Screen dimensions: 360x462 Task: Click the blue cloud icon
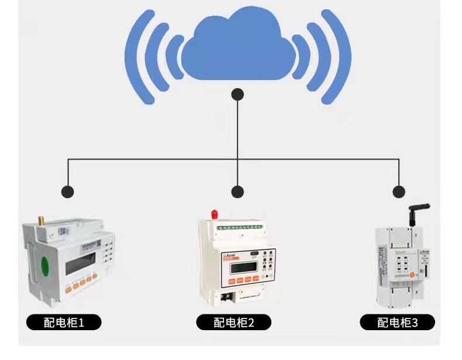pos(237,50)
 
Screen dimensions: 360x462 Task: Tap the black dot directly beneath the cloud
pos(237,94)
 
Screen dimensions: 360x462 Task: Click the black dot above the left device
pos(68,191)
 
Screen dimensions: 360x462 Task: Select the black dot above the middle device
pos(237,191)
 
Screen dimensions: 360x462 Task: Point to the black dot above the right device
pos(399,191)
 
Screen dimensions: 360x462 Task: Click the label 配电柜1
pos(64,322)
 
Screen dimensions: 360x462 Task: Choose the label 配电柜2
pos(233,322)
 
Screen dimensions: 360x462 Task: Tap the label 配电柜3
pos(397,322)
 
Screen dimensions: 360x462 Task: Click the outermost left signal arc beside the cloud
pos(136,56)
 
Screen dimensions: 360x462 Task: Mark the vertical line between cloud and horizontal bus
pos(237,129)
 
